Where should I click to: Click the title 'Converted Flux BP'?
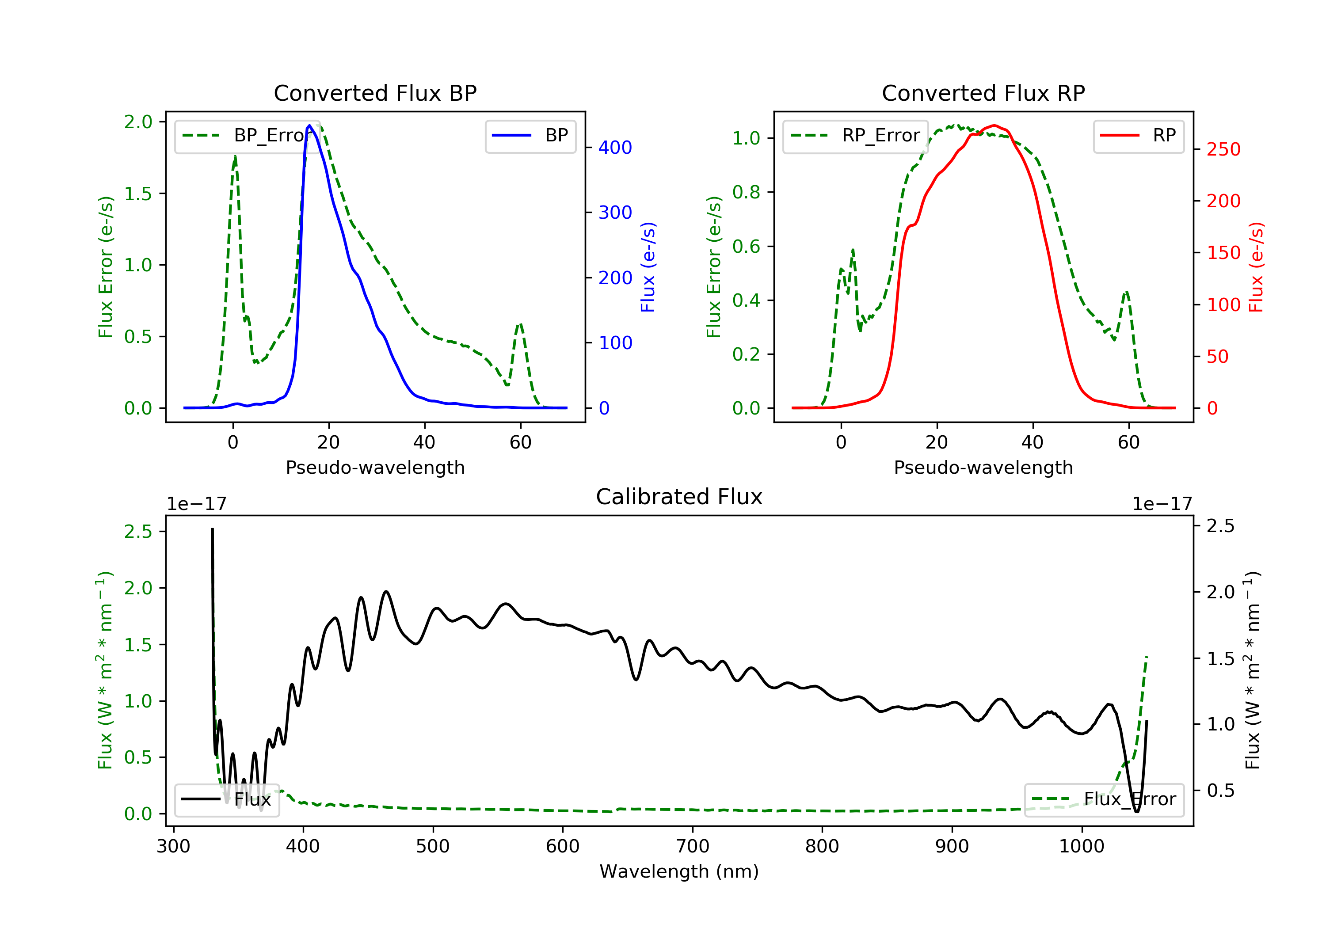(375, 93)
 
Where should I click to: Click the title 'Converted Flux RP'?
(983, 93)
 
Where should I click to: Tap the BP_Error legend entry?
(247, 136)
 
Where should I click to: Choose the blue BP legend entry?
(530, 136)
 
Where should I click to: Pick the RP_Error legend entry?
(855, 136)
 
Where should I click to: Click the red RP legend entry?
(1138, 136)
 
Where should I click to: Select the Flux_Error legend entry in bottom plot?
(1104, 799)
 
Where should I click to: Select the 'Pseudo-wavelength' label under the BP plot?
(375, 467)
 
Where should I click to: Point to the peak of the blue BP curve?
(309, 126)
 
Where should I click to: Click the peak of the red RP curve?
(993, 126)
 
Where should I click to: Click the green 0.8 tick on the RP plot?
(746, 192)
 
